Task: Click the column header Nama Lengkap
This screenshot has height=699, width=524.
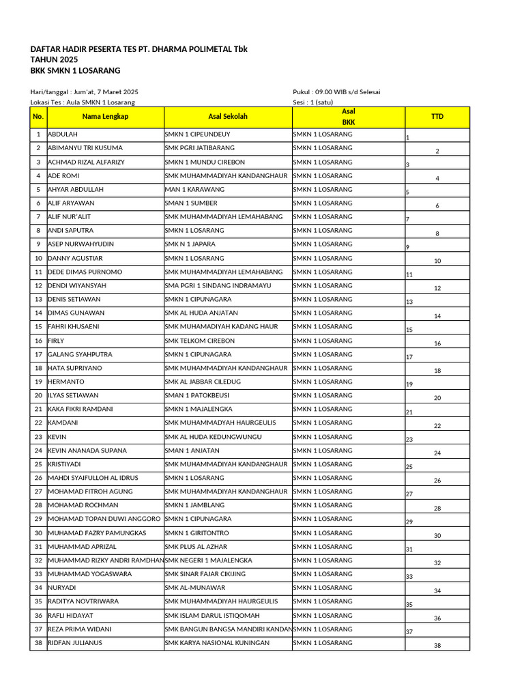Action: pyautogui.click(x=105, y=117)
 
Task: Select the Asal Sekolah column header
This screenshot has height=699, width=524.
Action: pyautogui.click(x=228, y=117)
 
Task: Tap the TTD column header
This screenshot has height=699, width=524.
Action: pyautogui.click(x=437, y=117)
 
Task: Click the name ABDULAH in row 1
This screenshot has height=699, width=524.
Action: pyautogui.click(x=63, y=134)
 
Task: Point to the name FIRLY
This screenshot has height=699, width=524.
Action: pyautogui.click(x=56, y=341)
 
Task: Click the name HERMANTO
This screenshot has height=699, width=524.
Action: pyautogui.click(x=66, y=382)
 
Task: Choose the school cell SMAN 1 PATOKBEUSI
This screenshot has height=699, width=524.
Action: pyautogui.click(x=197, y=396)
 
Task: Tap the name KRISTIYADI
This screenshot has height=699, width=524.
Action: pyautogui.click(x=65, y=464)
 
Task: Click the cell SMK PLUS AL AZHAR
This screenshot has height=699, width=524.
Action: pyautogui.click(x=194, y=547)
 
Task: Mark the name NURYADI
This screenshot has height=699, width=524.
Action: pyautogui.click(x=62, y=588)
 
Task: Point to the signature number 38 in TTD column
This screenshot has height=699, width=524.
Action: pyautogui.click(x=437, y=646)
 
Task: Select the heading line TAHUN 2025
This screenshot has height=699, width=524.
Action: pyautogui.click(x=54, y=60)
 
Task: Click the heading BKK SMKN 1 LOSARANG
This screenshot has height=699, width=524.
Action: pyautogui.click(x=75, y=71)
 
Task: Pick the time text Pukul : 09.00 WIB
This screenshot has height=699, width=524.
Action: pyautogui.click(x=322, y=91)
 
